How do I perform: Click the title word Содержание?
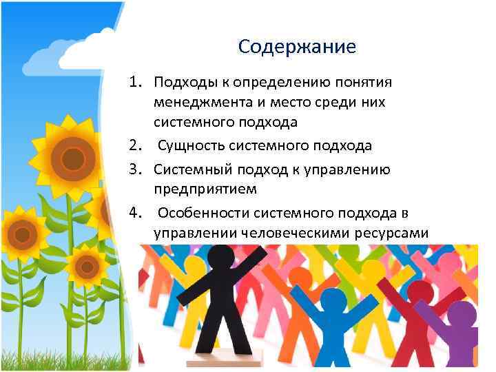[x=297, y=47]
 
